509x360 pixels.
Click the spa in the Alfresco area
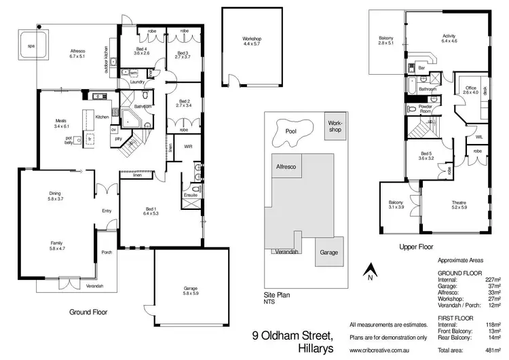click(31, 46)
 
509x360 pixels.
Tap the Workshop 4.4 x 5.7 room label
click(251, 41)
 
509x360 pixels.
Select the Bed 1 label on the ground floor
click(150, 211)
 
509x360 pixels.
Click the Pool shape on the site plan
click(292, 129)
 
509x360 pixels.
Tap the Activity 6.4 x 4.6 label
click(449, 39)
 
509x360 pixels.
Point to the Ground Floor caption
click(89, 312)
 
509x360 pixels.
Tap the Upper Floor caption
click(417, 248)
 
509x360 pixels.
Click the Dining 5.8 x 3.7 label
click(55, 196)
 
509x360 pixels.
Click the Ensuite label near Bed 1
click(190, 196)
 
